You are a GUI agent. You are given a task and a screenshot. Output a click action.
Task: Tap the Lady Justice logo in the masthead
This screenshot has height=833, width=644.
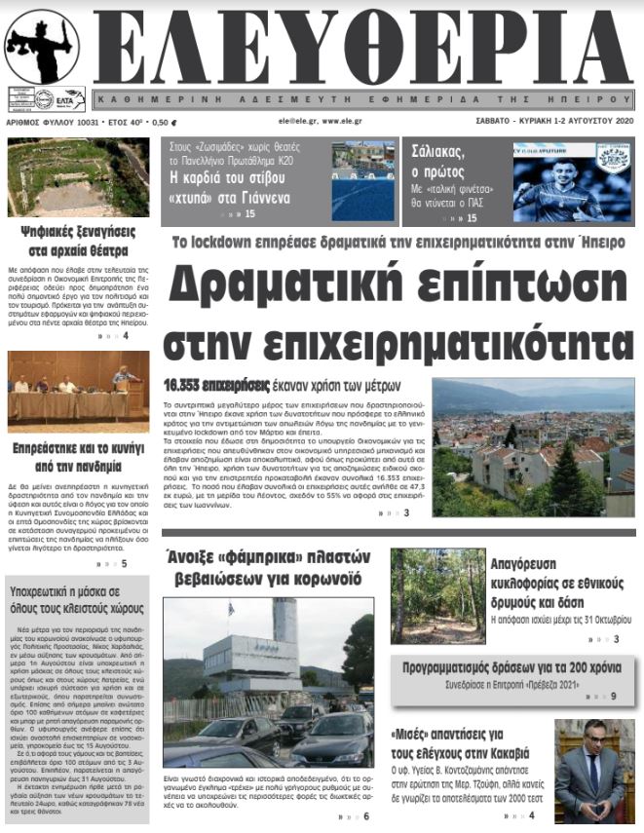pyautogui.click(x=42, y=47)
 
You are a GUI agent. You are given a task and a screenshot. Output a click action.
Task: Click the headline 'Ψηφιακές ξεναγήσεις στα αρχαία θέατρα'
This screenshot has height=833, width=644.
pyautogui.click(x=77, y=241)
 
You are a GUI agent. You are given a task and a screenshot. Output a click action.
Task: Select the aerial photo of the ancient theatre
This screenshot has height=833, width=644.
pyautogui.click(x=78, y=177)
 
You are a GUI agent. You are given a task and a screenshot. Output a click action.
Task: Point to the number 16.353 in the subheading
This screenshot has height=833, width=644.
pyautogui.click(x=196, y=383)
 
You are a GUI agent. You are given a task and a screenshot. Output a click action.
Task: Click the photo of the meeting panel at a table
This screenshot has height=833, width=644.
pyautogui.click(x=78, y=387)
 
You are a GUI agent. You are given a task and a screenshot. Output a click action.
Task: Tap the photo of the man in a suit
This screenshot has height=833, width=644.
pyautogui.click(x=590, y=771)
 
